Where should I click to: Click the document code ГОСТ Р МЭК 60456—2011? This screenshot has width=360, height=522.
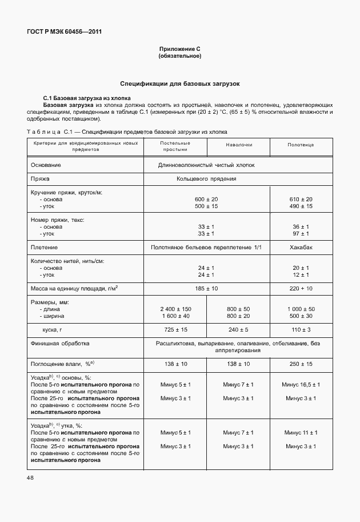(61, 31)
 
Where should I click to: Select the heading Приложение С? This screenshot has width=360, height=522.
(179, 50)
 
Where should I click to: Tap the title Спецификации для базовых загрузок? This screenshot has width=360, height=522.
(179, 84)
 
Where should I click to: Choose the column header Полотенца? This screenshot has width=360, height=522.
(301, 145)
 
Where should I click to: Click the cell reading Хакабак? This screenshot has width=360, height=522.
(301, 247)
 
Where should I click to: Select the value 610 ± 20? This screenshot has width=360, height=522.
(301, 198)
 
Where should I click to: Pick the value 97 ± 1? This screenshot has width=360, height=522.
(301, 233)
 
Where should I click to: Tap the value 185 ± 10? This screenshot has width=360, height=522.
(206, 289)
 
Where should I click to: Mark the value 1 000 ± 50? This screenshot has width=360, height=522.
(301, 309)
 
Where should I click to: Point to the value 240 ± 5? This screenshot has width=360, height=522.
(239, 330)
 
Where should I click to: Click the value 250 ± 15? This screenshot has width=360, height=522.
(301, 363)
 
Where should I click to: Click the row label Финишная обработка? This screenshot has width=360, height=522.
(60, 344)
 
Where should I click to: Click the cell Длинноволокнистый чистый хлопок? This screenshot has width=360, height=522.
(206, 165)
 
